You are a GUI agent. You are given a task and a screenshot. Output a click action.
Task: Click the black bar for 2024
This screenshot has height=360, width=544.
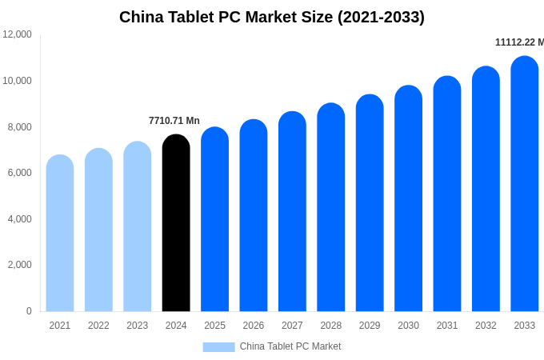(x=176, y=224)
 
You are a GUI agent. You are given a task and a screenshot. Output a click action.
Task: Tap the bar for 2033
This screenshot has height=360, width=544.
(x=525, y=184)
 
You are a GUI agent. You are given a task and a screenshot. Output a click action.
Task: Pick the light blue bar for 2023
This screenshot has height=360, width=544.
(x=138, y=227)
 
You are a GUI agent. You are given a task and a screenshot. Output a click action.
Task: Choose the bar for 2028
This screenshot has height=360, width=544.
(x=331, y=208)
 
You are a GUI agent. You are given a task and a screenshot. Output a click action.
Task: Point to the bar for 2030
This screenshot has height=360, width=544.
(x=408, y=199)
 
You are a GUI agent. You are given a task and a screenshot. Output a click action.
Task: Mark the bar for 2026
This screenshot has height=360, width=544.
(x=254, y=216)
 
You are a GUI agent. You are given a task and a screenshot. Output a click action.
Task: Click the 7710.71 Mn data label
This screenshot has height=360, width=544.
(x=174, y=121)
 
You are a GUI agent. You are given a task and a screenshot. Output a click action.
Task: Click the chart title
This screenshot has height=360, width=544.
(x=272, y=17)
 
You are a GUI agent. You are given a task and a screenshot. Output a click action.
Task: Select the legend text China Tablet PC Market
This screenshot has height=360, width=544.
(x=290, y=346)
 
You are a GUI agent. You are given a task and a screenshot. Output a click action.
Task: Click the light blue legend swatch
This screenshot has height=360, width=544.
(x=218, y=347)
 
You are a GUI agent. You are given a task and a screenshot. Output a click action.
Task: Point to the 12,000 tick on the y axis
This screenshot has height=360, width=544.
(x=17, y=34)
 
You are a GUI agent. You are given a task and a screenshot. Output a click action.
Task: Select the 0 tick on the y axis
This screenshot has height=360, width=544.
(x=29, y=311)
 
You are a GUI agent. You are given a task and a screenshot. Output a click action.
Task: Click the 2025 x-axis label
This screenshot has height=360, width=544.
(x=214, y=326)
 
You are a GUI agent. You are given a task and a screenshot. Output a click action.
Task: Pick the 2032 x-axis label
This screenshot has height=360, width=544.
(x=486, y=326)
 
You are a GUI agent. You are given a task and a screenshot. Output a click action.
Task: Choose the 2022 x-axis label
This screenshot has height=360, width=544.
(x=98, y=326)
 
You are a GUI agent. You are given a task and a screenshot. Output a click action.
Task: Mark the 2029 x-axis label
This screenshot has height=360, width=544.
(x=370, y=326)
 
